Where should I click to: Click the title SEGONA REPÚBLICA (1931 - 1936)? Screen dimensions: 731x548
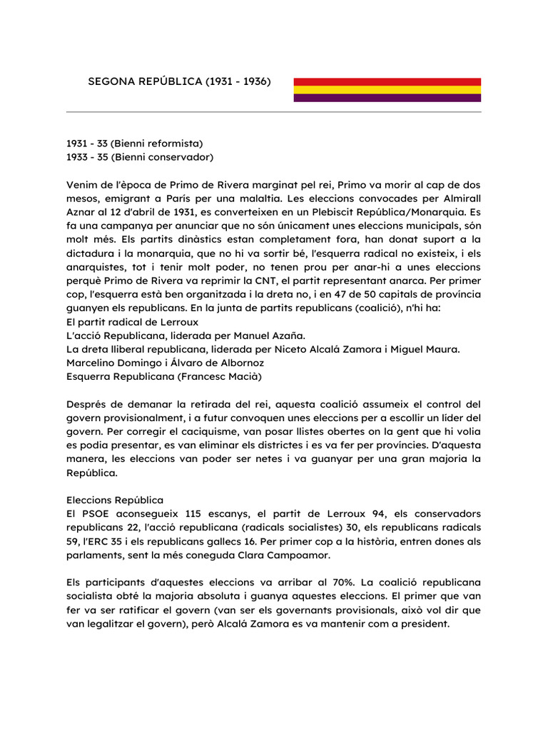(x=179, y=81)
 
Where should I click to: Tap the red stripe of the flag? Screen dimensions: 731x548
(x=387, y=82)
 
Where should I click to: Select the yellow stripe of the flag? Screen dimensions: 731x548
(x=387, y=90)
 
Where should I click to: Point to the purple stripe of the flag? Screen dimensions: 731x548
(x=387, y=98)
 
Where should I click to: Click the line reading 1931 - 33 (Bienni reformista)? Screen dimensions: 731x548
(x=135, y=143)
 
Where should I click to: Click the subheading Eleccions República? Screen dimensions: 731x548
(x=115, y=500)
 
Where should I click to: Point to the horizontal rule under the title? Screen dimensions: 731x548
(x=273, y=112)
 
